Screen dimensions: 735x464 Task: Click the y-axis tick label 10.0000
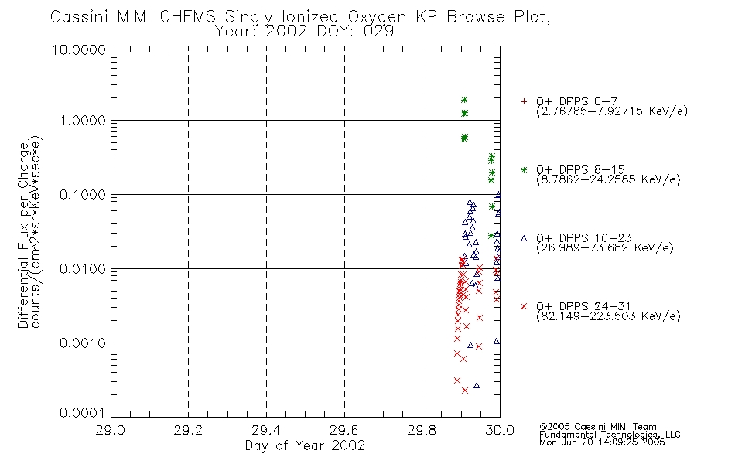[78, 49]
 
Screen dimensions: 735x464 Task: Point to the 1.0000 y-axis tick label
[83, 121]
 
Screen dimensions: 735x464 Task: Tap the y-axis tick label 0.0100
[83, 269]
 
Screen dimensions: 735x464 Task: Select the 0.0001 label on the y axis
[83, 413]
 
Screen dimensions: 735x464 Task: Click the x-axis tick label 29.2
[189, 430]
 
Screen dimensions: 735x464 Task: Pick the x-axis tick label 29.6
[344, 430]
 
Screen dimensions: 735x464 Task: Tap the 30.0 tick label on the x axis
[500, 430]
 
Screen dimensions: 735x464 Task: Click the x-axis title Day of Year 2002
[305, 445]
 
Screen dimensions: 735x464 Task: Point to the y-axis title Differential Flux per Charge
[23, 235]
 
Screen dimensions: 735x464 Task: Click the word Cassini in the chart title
[79, 17]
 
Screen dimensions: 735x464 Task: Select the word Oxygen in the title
[377, 18]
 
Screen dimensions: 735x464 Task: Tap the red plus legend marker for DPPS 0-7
[524, 101]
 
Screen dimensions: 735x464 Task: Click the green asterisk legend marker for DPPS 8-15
[524, 170]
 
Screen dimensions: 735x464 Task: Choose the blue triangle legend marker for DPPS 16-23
[524, 238]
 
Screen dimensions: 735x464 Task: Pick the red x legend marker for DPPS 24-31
[524, 306]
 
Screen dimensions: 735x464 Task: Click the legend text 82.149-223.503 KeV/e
[608, 316]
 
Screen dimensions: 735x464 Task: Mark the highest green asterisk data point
[464, 100]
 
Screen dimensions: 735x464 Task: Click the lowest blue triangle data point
[477, 385]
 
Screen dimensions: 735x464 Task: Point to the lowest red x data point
[464, 391]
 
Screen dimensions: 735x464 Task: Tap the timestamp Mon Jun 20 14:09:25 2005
[602, 442]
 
